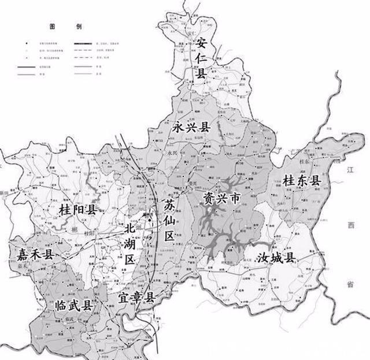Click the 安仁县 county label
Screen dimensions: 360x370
[201, 57]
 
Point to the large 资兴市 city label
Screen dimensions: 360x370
[221, 199]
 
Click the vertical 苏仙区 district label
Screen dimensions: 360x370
[169, 220]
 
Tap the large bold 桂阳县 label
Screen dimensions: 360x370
[77, 210]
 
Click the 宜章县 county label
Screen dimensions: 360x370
[137, 298]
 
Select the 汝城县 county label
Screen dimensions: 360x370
[276, 257]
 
